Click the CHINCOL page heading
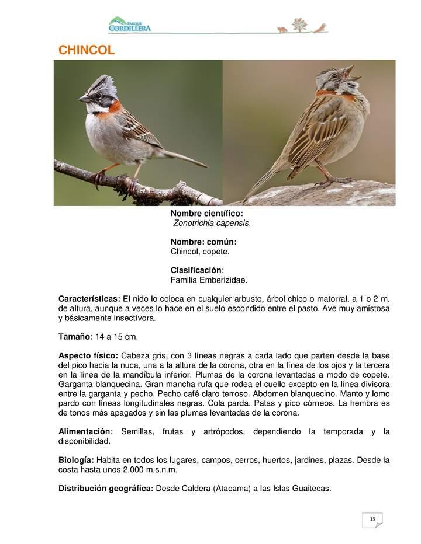(87, 51)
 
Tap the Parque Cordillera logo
(129, 25)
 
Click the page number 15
(372, 518)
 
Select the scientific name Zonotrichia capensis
(212, 224)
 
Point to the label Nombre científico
(206, 214)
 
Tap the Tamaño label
(75, 337)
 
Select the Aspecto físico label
(88, 355)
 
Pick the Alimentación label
(85, 431)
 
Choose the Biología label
(76, 460)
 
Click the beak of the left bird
(84, 99)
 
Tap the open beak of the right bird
(352, 72)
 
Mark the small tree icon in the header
(299, 25)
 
